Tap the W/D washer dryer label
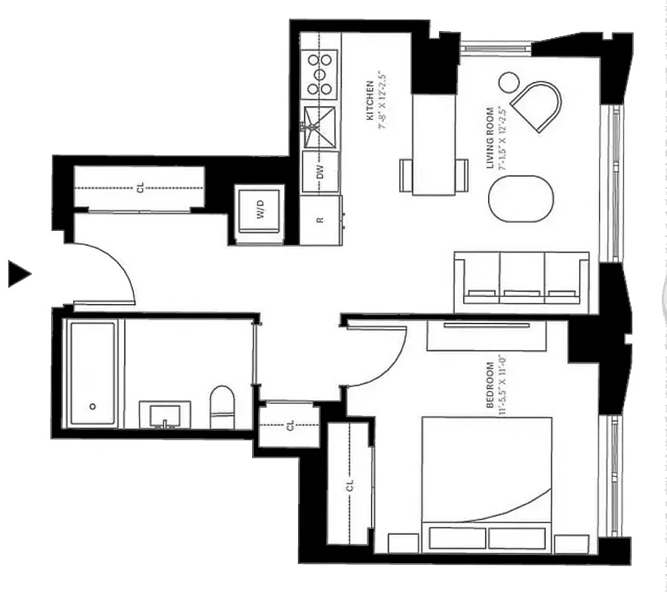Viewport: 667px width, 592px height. coord(260,213)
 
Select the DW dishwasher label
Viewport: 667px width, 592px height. coord(320,172)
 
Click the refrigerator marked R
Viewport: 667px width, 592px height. coord(319,221)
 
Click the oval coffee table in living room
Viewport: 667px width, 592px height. coord(521,198)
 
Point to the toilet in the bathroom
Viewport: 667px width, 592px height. coord(222,408)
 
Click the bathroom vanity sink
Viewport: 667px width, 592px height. coord(163,415)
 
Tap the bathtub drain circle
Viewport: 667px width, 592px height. coord(93,406)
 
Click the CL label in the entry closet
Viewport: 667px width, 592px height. coord(140,188)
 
